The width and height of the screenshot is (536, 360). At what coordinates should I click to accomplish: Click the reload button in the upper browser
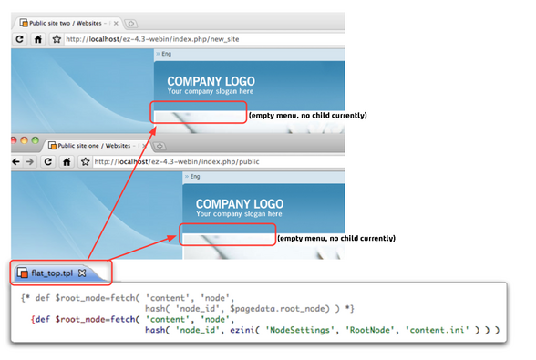tap(19, 40)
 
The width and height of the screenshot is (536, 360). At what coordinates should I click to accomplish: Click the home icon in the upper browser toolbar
tap(37, 40)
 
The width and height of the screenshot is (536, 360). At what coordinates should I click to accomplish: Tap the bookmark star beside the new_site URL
tap(56, 40)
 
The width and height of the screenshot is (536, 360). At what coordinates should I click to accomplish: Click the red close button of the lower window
tap(14, 143)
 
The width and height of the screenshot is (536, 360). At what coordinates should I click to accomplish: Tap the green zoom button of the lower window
tap(36, 143)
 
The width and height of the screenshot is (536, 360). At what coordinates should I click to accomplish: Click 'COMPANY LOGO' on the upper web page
tap(211, 80)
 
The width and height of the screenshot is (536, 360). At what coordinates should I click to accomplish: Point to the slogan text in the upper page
tap(210, 92)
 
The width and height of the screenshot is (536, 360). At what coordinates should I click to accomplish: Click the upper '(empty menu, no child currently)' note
tap(308, 116)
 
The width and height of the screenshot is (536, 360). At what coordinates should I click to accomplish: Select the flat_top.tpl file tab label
tap(52, 272)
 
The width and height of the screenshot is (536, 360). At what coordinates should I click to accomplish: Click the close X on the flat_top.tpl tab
tap(81, 272)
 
